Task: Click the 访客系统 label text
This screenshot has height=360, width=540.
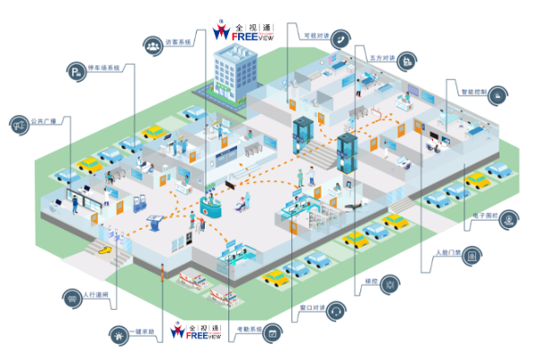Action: (x=179, y=42)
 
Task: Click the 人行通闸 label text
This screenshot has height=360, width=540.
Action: (x=94, y=294)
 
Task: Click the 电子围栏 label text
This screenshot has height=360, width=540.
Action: (x=477, y=216)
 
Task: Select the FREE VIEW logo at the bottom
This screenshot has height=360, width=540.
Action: (x=197, y=330)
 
